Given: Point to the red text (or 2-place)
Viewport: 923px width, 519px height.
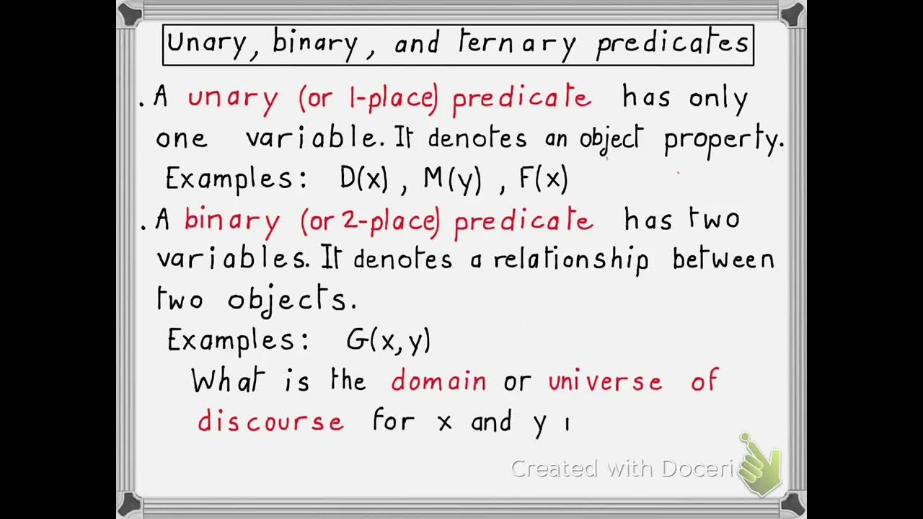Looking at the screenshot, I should pyautogui.click(x=370, y=221).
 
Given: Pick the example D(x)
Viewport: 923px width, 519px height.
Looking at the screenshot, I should pyautogui.click(x=364, y=178).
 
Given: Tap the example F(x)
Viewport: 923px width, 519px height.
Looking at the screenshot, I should pyautogui.click(x=544, y=178).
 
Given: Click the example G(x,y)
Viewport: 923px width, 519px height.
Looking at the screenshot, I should pyautogui.click(x=388, y=340).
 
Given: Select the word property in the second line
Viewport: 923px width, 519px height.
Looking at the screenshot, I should pyautogui.click(x=723, y=139).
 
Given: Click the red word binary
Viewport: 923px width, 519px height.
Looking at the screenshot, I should pyautogui.click(x=231, y=221).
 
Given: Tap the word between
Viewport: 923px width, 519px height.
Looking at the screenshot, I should pyautogui.click(x=723, y=259).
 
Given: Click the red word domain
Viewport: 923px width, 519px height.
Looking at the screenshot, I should pyautogui.click(x=438, y=380).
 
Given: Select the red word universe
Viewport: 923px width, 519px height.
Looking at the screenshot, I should pyautogui.click(x=605, y=380).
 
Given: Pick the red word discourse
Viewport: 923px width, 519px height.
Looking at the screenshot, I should pyautogui.click(x=270, y=421).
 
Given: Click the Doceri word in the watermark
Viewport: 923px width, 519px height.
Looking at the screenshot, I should pyautogui.click(x=699, y=469).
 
